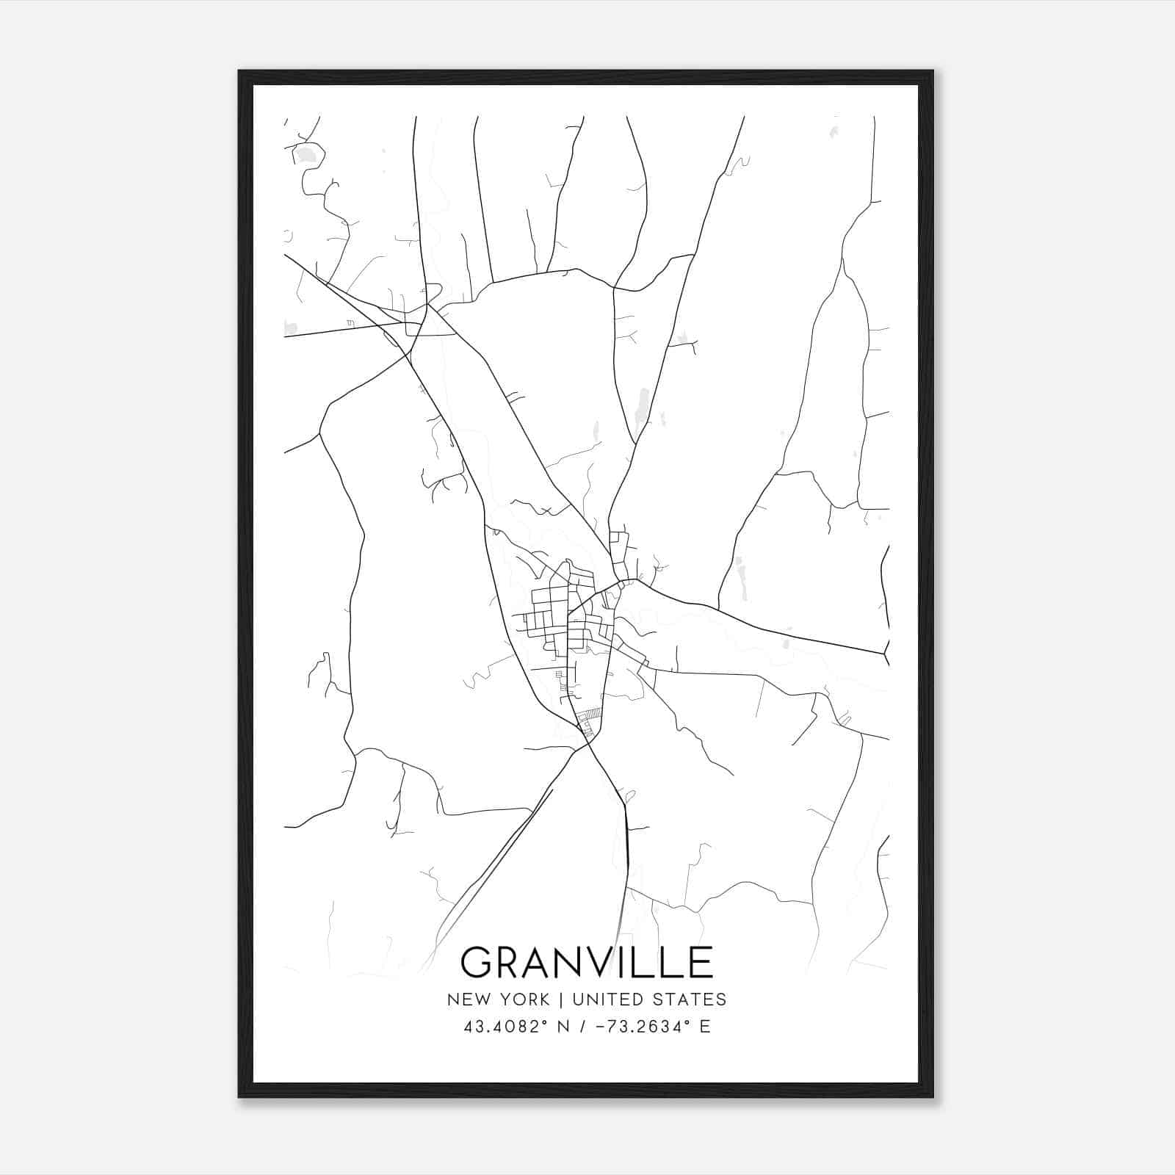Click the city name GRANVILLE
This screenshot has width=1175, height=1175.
point(587,961)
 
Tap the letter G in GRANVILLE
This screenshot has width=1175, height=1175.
point(478,962)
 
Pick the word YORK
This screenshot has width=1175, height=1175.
point(523,999)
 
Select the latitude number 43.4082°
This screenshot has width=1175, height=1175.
point(505,1027)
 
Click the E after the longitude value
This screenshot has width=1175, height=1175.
point(705,1027)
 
